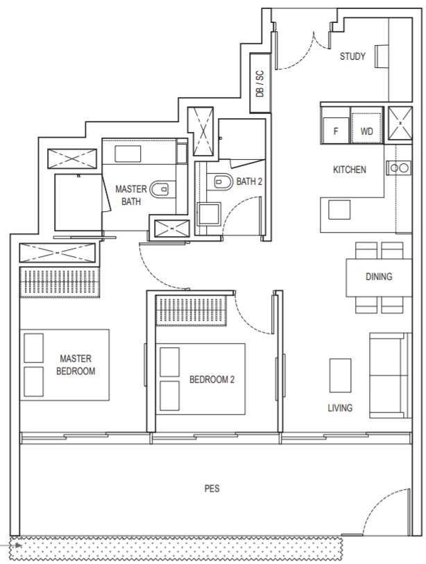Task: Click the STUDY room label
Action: click(x=352, y=56)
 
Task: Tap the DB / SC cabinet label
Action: click(x=259, y=83)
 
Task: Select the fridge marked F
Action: click(x=336, y=130)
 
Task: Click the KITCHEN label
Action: click(x=350, y=169)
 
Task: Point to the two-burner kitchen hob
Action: click(x=398, y=167)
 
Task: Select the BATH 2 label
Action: click(x=249, y=181)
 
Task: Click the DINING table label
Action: click(x=379, y=276)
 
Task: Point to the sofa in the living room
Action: click(x=390, y=375)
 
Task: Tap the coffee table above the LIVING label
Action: click(x=340, y=375)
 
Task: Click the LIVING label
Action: click(x=340, y=408)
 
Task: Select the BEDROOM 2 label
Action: click(x=212, y=379)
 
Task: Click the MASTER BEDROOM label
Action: click(x=76, y=365)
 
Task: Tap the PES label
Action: click(x=212, y=488)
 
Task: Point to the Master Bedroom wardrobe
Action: click(x=59, y=283)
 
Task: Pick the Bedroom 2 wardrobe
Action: click(x=191, y=310)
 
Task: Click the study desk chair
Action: click(x=382, y=56)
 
